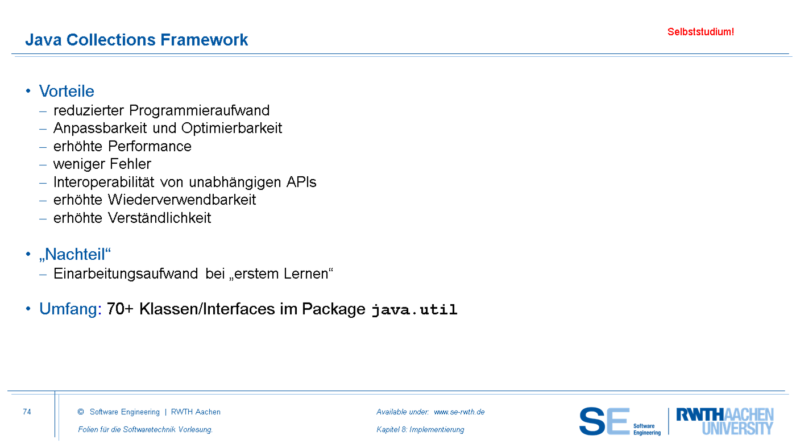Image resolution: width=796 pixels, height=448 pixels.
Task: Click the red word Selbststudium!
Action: coord(700,32)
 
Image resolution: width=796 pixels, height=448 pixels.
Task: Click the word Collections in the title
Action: coord(111,40)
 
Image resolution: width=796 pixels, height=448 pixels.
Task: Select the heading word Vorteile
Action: coord(67,92)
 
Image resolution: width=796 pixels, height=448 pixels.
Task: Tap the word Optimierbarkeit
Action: coord(232,128)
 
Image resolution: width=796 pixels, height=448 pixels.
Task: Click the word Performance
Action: coord(150,146)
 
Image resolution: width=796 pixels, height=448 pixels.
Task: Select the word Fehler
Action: coord(130,164)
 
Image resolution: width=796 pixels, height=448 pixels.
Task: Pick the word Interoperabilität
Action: coord(103,182)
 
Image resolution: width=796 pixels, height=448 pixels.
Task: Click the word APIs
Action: coord(301,182)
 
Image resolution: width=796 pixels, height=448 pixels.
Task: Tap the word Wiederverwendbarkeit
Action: coord(182,200)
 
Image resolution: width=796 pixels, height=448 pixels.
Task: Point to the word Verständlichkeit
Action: coord(160,218)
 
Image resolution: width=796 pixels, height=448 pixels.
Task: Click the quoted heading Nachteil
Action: coord(75,255)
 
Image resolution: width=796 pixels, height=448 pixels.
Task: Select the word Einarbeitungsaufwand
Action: coord(126,274)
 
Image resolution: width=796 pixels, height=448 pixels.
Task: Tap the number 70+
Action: coord(120,309)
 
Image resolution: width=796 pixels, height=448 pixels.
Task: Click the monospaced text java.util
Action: coord(414,310)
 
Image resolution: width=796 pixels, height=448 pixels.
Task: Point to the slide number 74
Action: coord(27,412)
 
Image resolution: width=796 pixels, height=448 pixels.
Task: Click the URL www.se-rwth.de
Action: coord(459,412)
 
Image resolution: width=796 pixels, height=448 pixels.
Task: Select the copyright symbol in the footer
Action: coord(81,412)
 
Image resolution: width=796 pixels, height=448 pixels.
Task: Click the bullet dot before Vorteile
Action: coord(28,92)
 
